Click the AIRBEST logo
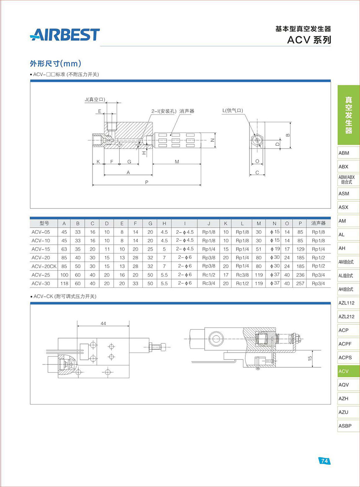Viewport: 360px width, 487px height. [64, 34]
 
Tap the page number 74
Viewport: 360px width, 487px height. [324, 461]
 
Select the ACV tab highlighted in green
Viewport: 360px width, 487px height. [349, 371]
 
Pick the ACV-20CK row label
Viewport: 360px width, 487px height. [44, 266]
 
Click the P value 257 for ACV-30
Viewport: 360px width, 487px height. [300, 283]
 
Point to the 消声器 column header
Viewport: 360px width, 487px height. [318, 223]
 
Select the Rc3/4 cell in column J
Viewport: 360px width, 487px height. [208, 283]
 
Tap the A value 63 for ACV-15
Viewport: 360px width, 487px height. [64, 249]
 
